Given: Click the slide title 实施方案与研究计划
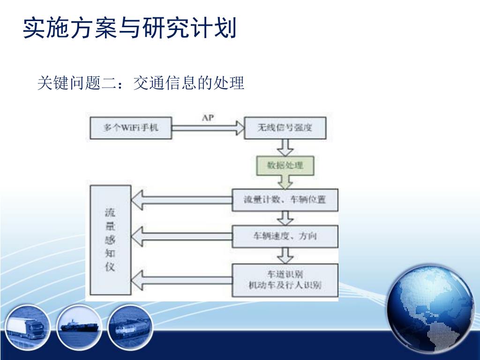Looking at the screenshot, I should [x=129, y=28].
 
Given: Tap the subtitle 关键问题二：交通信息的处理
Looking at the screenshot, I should [x=141, y=83].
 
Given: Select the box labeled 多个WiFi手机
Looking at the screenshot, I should [x=131, y=127].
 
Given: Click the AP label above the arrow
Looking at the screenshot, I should [x=208, y=118].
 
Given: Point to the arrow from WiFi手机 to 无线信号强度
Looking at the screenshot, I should [x=208, y=127].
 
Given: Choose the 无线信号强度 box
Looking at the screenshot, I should [x=285, y=127].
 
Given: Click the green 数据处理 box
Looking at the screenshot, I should [x=285, y=165].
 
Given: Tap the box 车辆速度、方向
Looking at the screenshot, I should [x=285, y=236].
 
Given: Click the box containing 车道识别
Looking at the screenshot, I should [x=285, y=280].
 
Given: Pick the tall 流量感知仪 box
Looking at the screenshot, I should [x=110, y=240].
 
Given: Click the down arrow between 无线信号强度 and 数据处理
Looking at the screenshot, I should [x=285, y=148].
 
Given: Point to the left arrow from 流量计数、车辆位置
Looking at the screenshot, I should [x=181, y=201].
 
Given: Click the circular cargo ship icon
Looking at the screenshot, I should [x=78, y=326].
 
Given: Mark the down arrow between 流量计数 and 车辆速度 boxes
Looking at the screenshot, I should [x=285, y=218].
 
